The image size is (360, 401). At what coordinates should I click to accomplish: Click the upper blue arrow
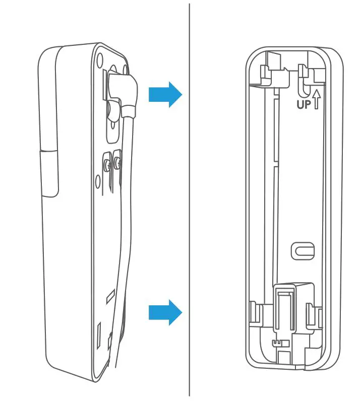coord(164,93)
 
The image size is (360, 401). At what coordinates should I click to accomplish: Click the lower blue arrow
coord(164,312)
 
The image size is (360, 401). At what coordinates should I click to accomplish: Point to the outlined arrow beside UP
coord(317,99)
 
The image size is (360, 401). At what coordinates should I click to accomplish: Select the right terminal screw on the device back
coord(117,162)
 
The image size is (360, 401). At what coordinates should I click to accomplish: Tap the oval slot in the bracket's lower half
coord(303,250)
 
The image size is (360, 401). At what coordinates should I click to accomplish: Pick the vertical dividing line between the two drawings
coord(190,202)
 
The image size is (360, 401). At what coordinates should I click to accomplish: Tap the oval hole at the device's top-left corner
coord(99,56)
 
